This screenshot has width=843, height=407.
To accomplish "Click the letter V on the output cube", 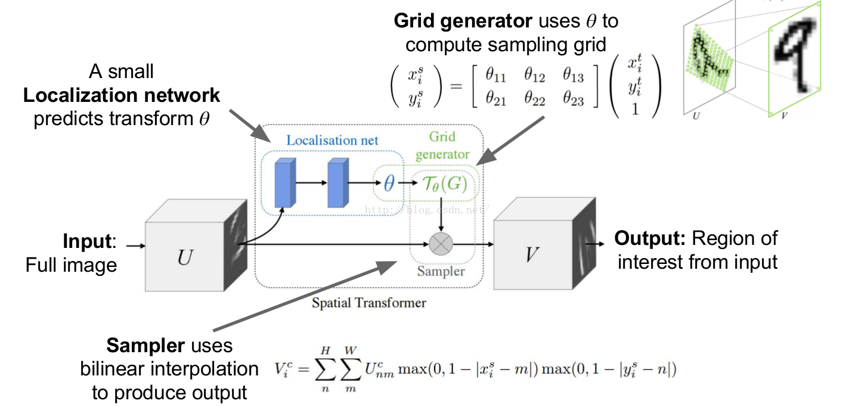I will (531, 255).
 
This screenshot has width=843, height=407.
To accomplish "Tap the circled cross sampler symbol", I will (441, 243).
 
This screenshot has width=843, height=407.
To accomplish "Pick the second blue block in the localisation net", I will (337, 184).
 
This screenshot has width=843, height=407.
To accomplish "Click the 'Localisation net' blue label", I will (332, 141).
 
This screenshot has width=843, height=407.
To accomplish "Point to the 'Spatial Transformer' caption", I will (369, 303).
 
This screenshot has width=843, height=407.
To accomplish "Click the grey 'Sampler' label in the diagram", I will (441, 271).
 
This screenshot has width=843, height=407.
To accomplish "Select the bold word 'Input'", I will (87, 241).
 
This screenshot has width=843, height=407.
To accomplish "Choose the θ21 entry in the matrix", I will (495, 101).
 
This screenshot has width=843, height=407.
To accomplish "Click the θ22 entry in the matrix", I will (534, 101).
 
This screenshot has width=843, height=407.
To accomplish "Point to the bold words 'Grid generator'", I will (463, 21).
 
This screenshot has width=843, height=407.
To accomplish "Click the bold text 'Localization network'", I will (122, 95).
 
